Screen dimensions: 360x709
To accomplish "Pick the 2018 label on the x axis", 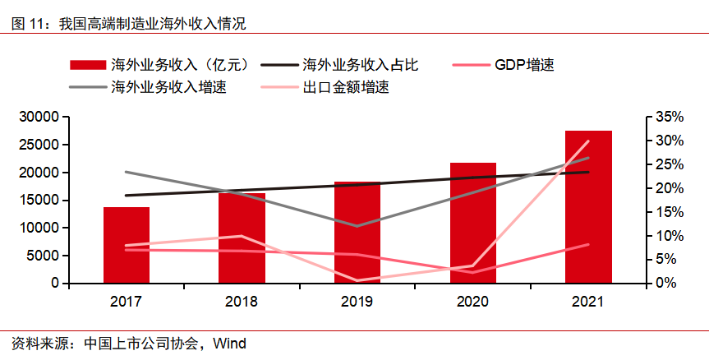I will pyautogui.click(x=242, y=302).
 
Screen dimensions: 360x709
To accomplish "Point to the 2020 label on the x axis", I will pyautogui.click(x=472, y=302).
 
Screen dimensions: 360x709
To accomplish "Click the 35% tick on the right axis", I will pyautogui.click(x=665, y=118).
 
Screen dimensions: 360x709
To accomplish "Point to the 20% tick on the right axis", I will pyautogui.click(x=665, y=188).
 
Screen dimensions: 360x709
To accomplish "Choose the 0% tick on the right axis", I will pyautogui.click(x=662, y=283).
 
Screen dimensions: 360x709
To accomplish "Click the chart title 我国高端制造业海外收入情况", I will pyautogui.click(x=152, y=25).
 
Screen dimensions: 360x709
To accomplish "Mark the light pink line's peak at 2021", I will pyautogui.click(x=588, y=141).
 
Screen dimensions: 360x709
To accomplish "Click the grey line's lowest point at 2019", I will pyautogui.click(x=357, y=226).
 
